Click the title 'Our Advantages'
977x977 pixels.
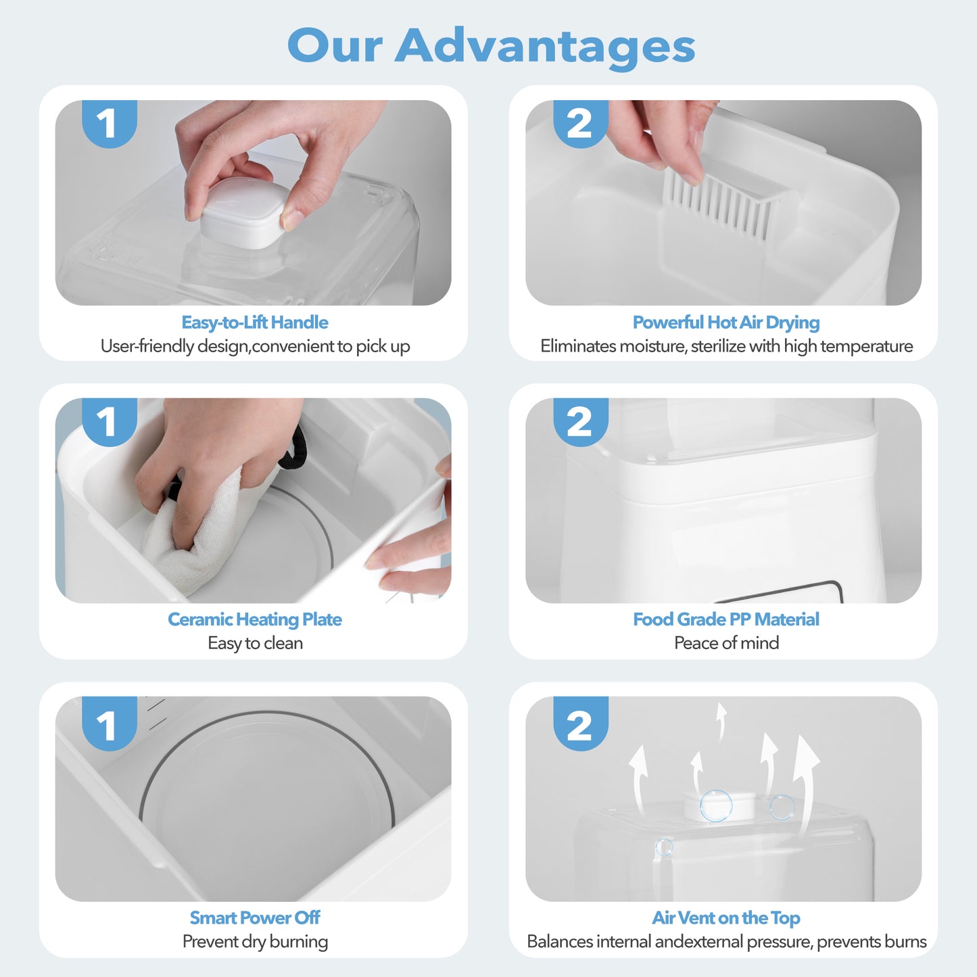coord(491,46)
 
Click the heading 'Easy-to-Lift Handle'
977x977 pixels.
coord(255,323)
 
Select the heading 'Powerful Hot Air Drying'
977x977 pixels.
coord(725,323)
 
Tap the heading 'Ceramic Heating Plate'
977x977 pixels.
coord(255,619)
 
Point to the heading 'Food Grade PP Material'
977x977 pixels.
coord(725,619)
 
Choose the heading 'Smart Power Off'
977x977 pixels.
coord(255,918)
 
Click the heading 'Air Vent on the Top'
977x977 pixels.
coord(725,918)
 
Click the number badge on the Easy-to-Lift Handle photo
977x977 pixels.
coord(109,124)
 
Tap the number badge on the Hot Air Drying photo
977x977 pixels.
coord(580,124)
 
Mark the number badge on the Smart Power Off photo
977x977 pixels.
coord(109,724)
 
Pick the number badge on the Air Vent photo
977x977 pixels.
coord(580,724)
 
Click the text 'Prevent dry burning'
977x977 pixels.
coord(255,941)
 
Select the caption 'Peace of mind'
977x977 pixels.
coord(726,643)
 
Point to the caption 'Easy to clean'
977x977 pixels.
coord(255,643)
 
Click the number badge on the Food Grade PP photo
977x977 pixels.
coord(580,422)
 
